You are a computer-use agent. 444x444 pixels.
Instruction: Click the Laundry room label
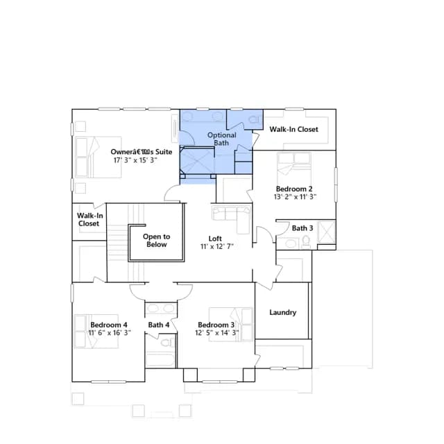click(282, 312)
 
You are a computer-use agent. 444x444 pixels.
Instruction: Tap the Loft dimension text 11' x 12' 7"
click(217, 247)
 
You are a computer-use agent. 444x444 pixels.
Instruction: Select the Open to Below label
click(156, 241)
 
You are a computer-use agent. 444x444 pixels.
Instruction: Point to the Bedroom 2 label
click(294, 189)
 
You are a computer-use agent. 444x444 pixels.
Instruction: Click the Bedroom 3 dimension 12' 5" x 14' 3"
click(217, 332)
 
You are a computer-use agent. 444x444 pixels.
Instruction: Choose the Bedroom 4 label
click(109, 325)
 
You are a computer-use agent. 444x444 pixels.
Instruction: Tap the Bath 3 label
click(302, 228)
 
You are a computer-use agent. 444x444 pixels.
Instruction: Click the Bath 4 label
click(159, 325)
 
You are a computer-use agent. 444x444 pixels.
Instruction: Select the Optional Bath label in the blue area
click(222, 139)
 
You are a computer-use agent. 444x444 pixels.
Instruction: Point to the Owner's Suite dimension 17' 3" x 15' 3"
click(135, 160)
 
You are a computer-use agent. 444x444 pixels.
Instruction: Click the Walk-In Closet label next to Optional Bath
click(293, 130)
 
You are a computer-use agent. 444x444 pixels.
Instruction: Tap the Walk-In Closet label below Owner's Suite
click(89, 219)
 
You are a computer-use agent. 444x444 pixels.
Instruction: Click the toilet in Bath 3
click(306, 242)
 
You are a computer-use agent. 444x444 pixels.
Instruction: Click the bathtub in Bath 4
click(160, 359)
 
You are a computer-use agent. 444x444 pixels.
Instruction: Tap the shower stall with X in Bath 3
click(327, 232)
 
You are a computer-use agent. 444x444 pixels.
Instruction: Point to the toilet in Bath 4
click(167, 342)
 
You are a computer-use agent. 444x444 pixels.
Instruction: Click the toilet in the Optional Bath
click(254, 119)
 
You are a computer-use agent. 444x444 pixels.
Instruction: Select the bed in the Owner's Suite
click(99, 157)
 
